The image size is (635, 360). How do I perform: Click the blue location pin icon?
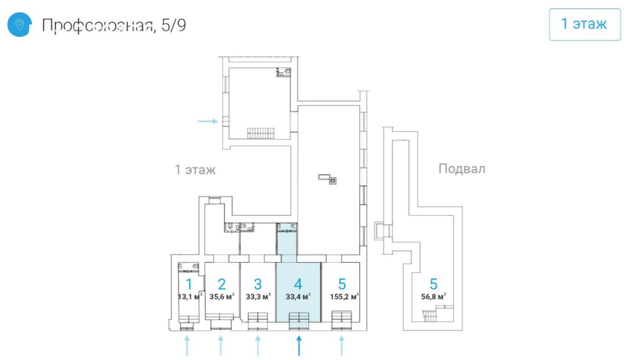coord(19,24)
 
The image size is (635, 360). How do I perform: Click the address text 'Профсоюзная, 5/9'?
coord(114,25)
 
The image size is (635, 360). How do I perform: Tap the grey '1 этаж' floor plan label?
coord(195,170)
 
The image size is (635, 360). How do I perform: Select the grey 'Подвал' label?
coord(462,169)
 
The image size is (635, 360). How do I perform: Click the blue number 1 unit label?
coord(189,284)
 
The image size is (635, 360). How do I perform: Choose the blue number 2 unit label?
coord(222,284)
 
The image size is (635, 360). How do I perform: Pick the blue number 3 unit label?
coord(258,284)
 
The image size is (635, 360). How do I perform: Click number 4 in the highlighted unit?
coord(298,284)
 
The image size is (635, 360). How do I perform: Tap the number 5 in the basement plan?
coord(433,284)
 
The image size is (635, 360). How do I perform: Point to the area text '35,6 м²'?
coord(222,297)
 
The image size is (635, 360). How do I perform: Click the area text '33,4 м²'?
coord(298,297)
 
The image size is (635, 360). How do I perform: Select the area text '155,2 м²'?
coord(344,297)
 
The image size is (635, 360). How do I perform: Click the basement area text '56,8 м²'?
coord(434,297)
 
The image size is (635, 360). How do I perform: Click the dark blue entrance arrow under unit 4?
coord(299,345)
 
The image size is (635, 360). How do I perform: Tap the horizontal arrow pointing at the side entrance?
coord(208,121)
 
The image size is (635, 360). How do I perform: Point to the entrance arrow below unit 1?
coord(187,345)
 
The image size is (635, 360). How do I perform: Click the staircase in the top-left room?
coord(261,133)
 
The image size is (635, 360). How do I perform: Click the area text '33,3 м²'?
coord(258,297)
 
